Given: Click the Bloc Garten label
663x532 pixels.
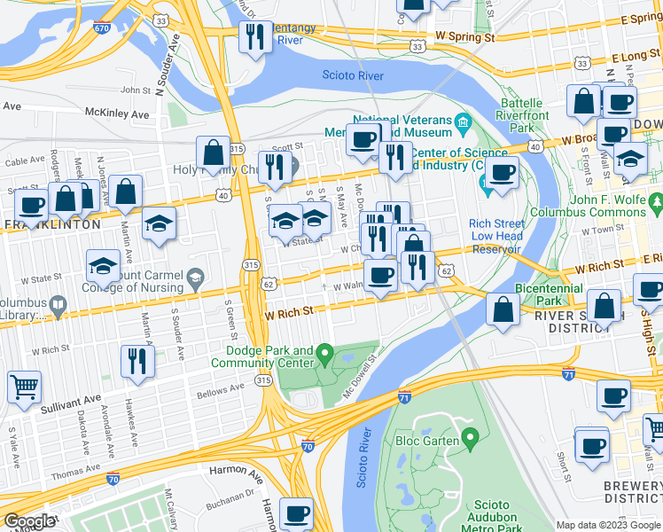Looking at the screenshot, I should tap(427, 440).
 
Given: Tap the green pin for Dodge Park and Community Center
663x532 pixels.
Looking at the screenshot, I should tap(325, 356).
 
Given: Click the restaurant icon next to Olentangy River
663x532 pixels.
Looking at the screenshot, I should tap(254, 37).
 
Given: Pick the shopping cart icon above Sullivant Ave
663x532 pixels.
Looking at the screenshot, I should tap(24, 387).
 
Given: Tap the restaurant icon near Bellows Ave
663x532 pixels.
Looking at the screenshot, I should tap(137, 360).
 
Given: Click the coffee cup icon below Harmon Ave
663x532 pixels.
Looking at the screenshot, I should tap(296, 512).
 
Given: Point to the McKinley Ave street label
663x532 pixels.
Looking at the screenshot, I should tap(117, 114).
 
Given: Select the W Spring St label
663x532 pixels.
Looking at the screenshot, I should tap(464, 38).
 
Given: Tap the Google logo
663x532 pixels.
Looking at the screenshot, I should tap(28, 521).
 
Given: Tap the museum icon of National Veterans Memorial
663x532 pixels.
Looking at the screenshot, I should tap(462, 121).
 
